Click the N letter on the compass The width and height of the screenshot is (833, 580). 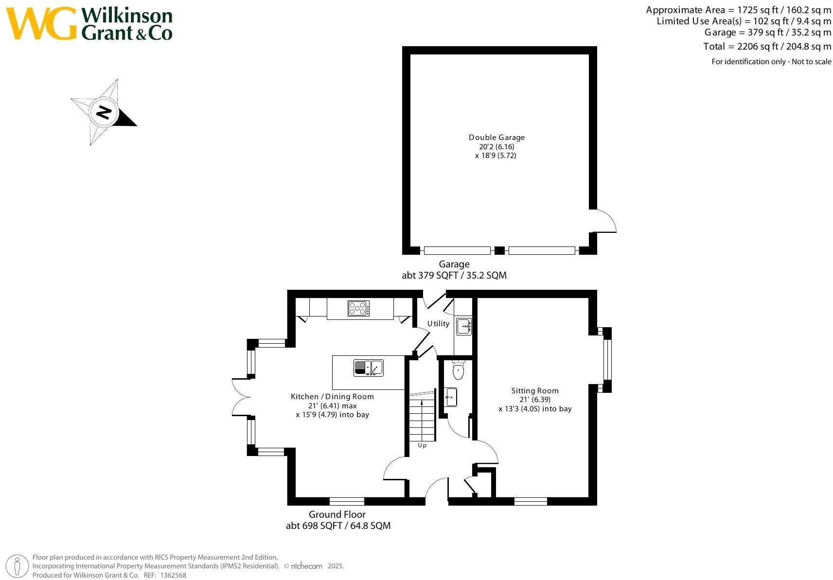[x=104, y=113]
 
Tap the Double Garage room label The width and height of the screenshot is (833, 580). [x=496, y=138]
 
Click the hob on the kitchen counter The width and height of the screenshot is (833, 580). [x=358, y=308]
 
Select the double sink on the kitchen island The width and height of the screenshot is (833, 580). [x=368, y=368]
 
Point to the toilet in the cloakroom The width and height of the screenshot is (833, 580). [x=458, y=371]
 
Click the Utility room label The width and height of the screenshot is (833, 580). [x=438, y=324]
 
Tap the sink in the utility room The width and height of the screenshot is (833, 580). [x=463, y=326]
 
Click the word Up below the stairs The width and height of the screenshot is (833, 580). [x=422, y=445]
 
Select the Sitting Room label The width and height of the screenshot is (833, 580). [x=534, y=391]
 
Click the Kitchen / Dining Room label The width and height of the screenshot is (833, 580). [x=332, y=397]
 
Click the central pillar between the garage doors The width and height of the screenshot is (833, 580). [x=499, y=251]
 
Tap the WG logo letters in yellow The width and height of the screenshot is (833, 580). [x=41, y=23]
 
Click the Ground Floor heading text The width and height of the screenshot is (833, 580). [x=337, y=514]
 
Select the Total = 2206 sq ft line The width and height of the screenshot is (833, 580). [x=767, y=47]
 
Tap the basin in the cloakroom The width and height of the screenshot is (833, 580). [x=451, y=397]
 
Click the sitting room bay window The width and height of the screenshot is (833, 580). [x=606, y=360]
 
